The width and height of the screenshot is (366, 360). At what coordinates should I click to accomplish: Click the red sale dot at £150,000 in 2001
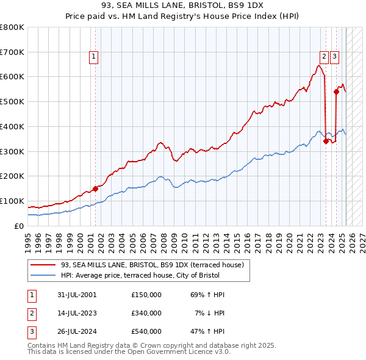95,189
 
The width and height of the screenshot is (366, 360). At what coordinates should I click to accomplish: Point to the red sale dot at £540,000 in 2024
336,92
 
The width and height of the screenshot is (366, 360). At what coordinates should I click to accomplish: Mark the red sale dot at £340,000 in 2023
326,141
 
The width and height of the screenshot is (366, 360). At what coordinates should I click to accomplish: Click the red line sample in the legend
43,265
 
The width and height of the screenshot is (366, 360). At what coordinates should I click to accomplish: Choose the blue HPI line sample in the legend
43,275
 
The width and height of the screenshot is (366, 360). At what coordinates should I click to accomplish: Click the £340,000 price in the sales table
146,313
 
